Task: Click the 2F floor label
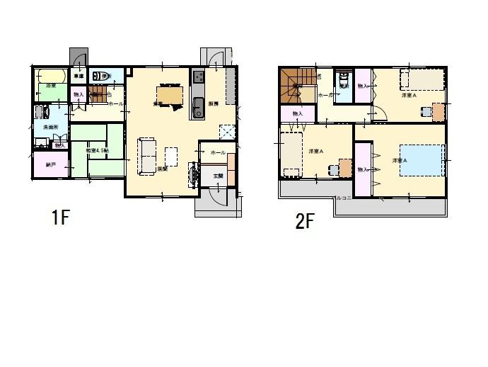point(304,222)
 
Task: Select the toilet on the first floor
point(105,76)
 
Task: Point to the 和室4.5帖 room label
point(96,151)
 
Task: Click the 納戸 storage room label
point(50,165)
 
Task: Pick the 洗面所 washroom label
point(51,127)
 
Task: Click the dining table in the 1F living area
point(169,95)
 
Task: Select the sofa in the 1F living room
point(146,156)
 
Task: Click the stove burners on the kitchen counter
point(197,77)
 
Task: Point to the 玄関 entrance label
point(218,176)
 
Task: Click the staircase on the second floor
point(296,85)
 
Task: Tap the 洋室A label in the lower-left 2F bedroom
point(316,152)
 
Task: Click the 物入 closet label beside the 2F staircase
point(298,113)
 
